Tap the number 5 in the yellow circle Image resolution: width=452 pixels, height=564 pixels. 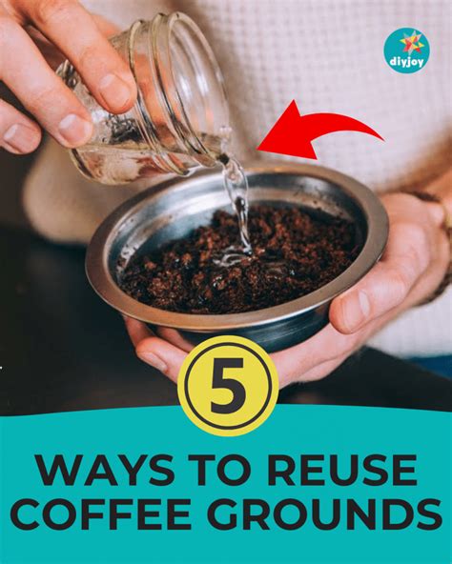[x=228, y=386]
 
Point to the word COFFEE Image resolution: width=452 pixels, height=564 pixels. [x=105, y=514]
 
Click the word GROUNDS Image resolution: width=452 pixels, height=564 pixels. [x=328, y=514]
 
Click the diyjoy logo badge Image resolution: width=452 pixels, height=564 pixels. [x=407, y=50]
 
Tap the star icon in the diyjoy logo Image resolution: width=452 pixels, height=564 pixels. [x=407, y=44]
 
